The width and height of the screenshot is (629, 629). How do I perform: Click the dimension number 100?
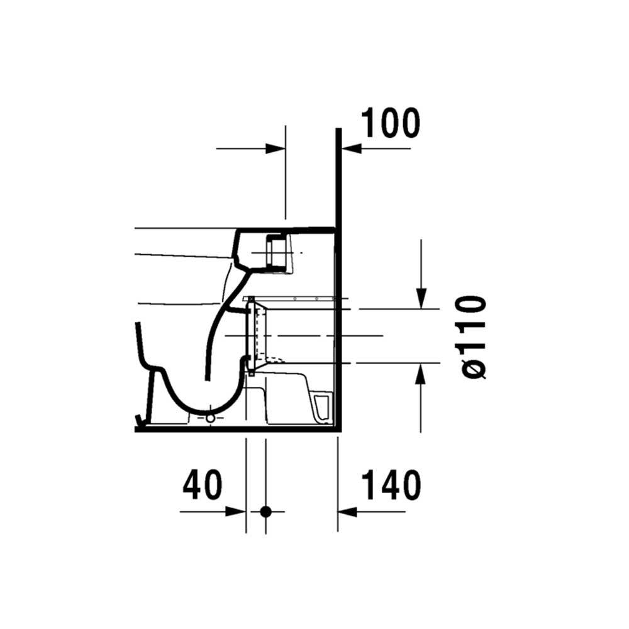(391, 123)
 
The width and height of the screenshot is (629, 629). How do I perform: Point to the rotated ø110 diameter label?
(474, 337)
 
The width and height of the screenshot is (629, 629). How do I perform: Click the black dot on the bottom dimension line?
(265, 511)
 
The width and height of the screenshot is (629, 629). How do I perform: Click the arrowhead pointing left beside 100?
(351, 149)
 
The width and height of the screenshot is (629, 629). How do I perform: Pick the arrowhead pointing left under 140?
(347, 512)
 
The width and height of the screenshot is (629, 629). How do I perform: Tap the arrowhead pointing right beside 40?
(236, 511)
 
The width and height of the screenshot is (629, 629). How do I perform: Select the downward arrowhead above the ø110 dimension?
(421, 299)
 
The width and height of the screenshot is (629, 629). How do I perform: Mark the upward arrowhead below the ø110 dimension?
(420, 373)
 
